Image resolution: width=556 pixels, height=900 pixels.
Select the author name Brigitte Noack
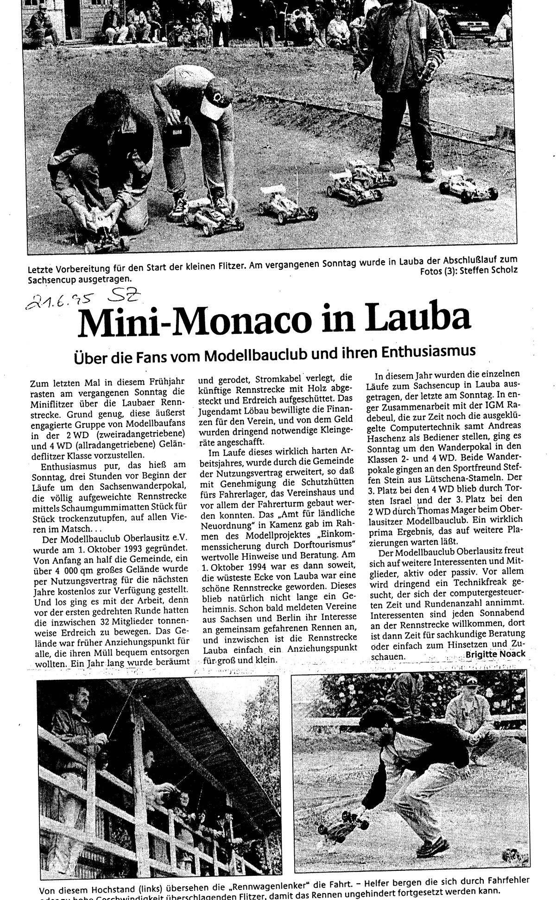[495, 653]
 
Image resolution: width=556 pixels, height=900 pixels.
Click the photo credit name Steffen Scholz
[491, 270]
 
